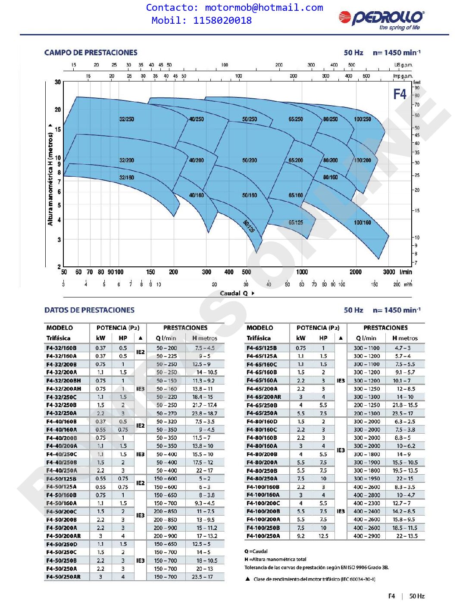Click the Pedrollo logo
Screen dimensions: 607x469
tap(381, 19)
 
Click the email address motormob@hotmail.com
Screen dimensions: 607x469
tap(264, 8)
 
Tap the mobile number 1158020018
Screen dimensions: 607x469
tap(222, 20)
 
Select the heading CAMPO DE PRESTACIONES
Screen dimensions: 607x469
tap(91, 53)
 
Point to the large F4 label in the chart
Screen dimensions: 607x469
tap(400, 94)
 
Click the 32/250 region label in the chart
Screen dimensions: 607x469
tap(127, 119)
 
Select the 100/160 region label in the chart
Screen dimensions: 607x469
tap(362, 222)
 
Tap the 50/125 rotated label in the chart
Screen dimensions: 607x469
tap(249, 226)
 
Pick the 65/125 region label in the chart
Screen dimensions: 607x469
tap(296, 222)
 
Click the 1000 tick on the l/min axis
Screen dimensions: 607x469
tap(302, 272)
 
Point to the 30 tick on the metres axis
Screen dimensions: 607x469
tap(58, 82)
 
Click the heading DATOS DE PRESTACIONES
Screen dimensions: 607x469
tap(89, 310)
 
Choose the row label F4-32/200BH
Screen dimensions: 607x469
tap(63, 381)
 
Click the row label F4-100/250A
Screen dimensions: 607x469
tap(263, 536)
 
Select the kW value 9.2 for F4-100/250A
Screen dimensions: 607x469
tap(300, 536)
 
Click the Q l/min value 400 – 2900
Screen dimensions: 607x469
tap(367, 536)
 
